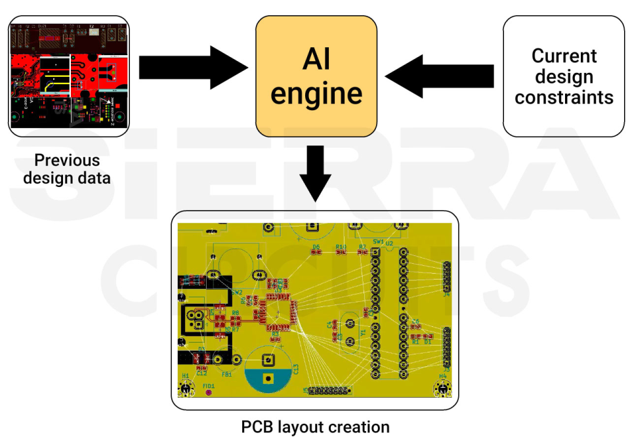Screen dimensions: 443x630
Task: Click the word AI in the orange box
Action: (x=316, y=59)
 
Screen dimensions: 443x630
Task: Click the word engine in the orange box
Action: (x=316, y=93)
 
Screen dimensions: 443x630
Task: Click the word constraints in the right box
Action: (x=564, y=98)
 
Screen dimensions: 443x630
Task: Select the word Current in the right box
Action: (x=564, y=56)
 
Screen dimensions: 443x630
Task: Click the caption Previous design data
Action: (x=67, y=169)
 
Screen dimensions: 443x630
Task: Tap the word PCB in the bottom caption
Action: (x=257, y=427)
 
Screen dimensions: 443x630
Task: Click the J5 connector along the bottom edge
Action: (x=328, y=391)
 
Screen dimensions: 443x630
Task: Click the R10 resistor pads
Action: (x=341, y=253)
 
